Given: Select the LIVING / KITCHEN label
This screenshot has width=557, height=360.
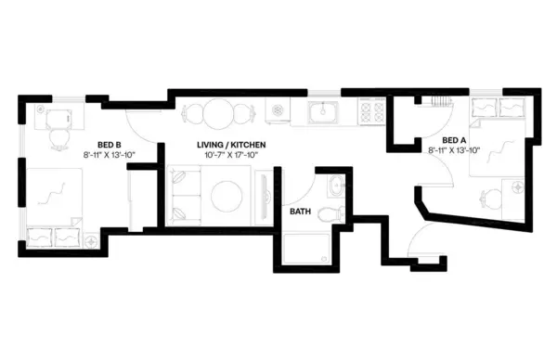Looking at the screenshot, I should [x=232, y=146].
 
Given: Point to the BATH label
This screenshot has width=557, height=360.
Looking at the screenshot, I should [x=300, y=212].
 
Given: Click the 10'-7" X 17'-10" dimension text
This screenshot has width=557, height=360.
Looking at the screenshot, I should [x=232, y=155].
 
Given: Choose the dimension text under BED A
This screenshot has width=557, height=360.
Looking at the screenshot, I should [x=453, y=149].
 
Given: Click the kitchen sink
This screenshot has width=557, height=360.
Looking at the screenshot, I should [x=326, y=113].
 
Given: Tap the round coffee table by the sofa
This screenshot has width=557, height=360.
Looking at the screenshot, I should [x=227, y=196].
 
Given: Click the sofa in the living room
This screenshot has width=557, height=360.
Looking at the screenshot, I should [x=182, y=195].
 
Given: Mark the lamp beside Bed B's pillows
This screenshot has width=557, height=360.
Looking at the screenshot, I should [x=92, y=241].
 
